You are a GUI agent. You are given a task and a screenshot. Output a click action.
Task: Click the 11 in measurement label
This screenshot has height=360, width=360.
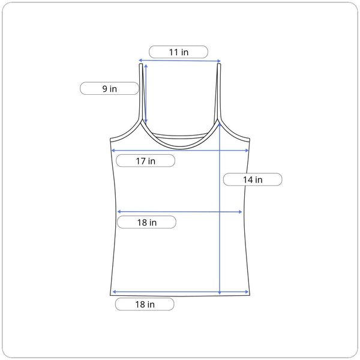178,52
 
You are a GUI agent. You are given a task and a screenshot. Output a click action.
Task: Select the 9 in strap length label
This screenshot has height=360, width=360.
109,89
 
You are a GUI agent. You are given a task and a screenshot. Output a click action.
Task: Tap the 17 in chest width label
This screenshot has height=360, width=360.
146,161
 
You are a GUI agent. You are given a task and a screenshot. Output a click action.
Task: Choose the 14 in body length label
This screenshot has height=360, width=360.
253,179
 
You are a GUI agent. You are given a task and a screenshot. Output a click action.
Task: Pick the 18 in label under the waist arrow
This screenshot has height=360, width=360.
147,222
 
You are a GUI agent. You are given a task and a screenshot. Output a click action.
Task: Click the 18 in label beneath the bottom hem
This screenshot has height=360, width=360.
145,304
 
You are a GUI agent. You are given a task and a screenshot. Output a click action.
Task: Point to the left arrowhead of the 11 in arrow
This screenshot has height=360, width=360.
140,61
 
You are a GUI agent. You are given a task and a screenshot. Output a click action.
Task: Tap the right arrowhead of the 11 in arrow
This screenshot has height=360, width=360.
219,61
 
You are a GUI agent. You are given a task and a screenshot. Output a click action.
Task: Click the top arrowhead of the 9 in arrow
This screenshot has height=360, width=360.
146,66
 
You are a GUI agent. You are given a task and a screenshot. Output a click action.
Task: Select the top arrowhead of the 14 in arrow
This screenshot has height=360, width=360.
220,125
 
